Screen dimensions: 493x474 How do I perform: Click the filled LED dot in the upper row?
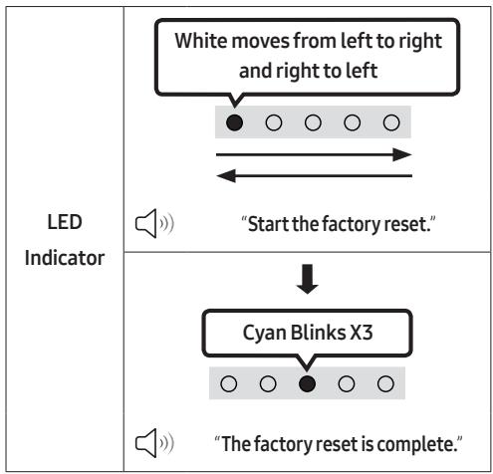pyautogui.click(x=234, y=122)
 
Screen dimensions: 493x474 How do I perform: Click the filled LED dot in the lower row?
pyautogui.click(x=307, y=383)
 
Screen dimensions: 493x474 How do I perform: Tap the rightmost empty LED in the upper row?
pyautogui.click(x=391, y=122)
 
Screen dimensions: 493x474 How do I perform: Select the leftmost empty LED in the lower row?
pyautogui.click(x=229, y=383)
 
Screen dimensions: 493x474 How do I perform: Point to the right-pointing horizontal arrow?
pyautogui.click(x=314, y=154)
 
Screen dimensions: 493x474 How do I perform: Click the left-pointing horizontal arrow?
pyautogui.click(x=314, y=175)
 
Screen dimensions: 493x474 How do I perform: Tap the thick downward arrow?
pyautogui.click(x=308, y=279)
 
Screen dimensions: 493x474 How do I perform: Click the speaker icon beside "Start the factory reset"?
pyautogui.click(x=154, y=223)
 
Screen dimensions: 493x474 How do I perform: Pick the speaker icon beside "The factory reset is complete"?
pyautogui.click(x=154, y=443)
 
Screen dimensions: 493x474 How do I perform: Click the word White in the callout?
pyautogui.click(x=200, y=41)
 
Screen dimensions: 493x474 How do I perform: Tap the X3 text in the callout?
pyautogui.click(x=362, y=333)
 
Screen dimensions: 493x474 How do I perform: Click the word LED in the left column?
pyautogui.click(x=65, y=222)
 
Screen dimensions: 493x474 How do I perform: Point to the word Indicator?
pyautogui.click(x=65, y=258)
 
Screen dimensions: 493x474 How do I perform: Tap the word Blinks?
pyautogui.click(x=318, y=332)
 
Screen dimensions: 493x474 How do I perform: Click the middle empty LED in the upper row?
pyautogui.click(x=313, y=122)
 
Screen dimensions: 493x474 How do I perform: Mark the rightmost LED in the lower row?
pyautogui.click(x=385, y=383)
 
